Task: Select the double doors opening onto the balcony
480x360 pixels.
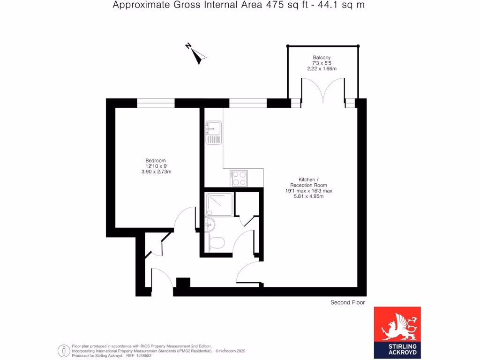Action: pyautogui.click(x=323, y=91)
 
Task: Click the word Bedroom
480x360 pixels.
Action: pyautogui.click(x=156, y=160)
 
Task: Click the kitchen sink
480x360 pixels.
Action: pyautogui.click(x=213, y=132)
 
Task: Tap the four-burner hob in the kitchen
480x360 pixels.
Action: pyautogui.click(x=239, y=178)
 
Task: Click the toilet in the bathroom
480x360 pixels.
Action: pyautogui.click(x=217, y=243)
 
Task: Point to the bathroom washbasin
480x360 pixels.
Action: pyautogui.click(x=209, y=225)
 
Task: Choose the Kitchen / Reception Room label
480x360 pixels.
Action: pyautogui.click(x=308, y=182)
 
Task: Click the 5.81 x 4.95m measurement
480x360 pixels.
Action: pyautogui.click(x=308, y=196)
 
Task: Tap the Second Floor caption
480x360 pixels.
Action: pyautogui.click(x=347, y=303)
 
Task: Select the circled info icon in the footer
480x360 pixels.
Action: pyautogui.click(x=63, y=351)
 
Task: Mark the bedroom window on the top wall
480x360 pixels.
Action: pyautogui.click(x=156, y=103)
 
